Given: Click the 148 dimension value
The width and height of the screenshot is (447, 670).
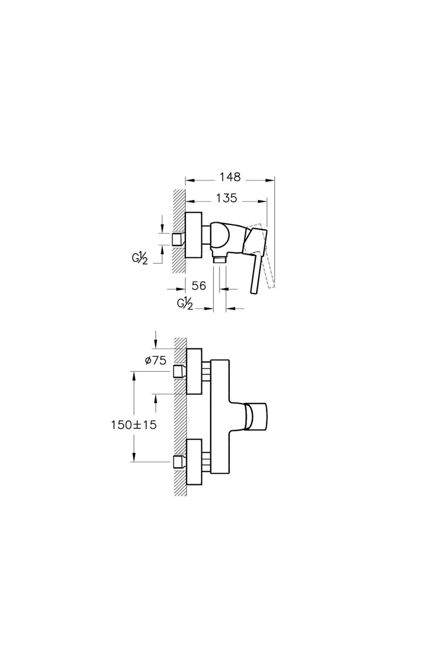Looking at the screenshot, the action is pyautogui.click(x=230, y=177).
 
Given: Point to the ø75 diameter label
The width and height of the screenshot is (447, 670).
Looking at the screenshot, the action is pyautogui.click(x=156, y=360).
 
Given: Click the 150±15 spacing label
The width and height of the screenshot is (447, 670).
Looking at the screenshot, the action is pyautogui.click(x=134, y=425).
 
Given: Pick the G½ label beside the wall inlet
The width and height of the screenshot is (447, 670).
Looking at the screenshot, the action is pyautogui.click(x=140, y=258).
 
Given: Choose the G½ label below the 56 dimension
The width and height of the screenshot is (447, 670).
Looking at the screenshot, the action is pyautogui.click(x=185, y=304).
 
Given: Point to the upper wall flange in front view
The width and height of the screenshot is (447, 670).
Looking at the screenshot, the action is pyautogui.click(x=194, y=371).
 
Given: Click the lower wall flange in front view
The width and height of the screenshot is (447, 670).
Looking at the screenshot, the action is pyautogui.click(x=194, y=462).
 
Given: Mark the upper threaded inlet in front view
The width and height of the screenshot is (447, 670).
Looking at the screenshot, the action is pyautogui.click(x=180, y=371).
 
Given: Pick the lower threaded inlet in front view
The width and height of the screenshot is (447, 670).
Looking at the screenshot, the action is pyautogui.click(x=180, y=462).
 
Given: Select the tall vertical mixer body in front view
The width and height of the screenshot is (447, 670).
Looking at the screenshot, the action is pyautogui.click(x=220, y=417).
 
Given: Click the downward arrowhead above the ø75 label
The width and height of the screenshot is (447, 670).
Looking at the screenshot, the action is pyautogui.click(x=156, y=343).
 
